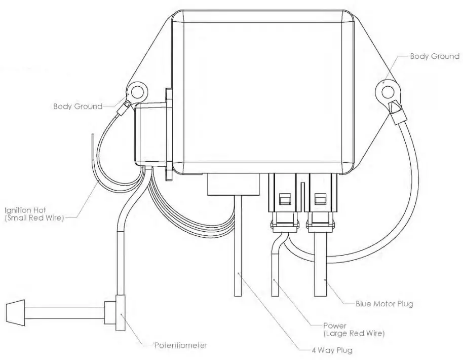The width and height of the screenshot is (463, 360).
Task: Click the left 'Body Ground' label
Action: (78, 106)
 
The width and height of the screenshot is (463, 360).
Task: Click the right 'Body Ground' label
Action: (434, 56)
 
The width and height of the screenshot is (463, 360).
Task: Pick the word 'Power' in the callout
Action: (335, 326)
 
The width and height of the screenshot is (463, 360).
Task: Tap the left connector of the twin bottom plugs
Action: (284, 200)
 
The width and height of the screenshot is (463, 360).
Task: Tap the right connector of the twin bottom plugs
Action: (320, 200)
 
